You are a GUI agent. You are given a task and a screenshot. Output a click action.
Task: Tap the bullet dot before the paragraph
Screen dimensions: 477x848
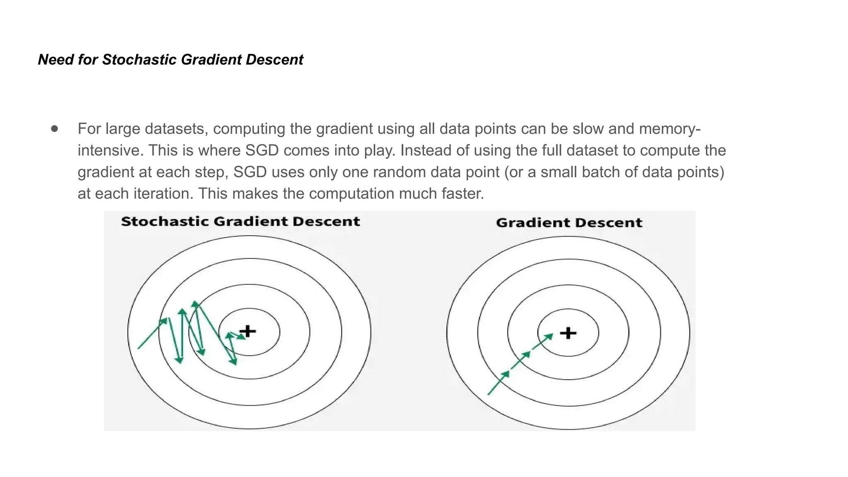click(x=55, y=129)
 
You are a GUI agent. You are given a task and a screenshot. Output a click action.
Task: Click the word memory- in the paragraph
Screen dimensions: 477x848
click(x=670, y=129)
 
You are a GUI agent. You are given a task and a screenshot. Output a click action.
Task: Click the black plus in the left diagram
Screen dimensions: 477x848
click(x=248, y=331)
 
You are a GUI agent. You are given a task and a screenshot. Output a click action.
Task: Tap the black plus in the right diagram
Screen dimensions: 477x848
click(x=568, y=333)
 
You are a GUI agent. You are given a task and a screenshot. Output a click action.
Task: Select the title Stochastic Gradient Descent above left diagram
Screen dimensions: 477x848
click(x=240, y=222)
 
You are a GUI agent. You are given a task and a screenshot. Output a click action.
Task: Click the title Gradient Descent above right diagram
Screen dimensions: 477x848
click(x=569, y=223)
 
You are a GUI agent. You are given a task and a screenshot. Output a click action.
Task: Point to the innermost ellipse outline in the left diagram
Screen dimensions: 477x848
click(x=249, y=309)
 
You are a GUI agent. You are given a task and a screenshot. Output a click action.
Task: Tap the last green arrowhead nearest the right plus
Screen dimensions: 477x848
click(x=549, y=337)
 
